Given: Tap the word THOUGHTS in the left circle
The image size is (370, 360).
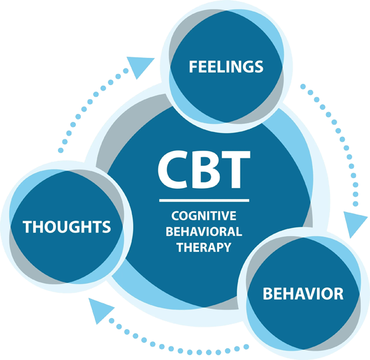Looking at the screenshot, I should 67,227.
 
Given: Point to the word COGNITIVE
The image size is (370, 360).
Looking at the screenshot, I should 203,216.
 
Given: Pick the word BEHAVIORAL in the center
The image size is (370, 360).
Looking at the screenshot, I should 203,232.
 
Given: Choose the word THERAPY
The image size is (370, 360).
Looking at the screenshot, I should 203,247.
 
